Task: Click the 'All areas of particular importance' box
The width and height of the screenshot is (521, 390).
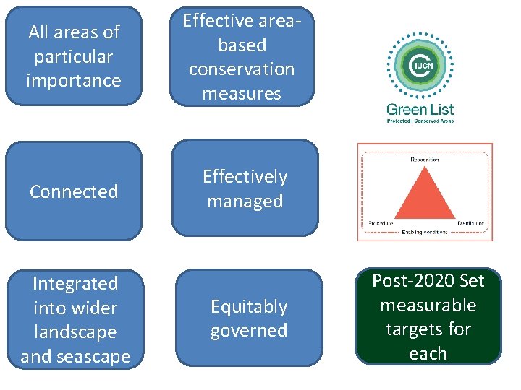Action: [x=73, y=56]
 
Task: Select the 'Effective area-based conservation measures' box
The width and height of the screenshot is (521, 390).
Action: [x=242, y=56]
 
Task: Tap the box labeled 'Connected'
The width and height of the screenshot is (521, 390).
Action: [x=73, y=191]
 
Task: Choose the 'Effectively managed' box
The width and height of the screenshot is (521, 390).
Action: [x=245, y=188]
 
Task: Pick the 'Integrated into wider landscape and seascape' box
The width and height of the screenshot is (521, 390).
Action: [x=75, y=318]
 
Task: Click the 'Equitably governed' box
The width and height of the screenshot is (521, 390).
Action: [x=249, y=318]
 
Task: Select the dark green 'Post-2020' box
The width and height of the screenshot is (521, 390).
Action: [x=428, y=316]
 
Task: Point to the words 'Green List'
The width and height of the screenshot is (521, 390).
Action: [x=420, y=110]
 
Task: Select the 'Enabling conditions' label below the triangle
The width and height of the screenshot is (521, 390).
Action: [x=425, y=232]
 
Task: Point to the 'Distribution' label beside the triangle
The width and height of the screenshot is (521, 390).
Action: [x=472, y=223]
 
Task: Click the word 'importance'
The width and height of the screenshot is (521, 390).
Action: [x=73, y=80]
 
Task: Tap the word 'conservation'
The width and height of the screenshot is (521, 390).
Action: [x=242, y=69]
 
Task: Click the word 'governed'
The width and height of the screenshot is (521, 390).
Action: [x=249, y=331]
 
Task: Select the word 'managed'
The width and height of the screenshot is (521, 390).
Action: [x=245, y=201]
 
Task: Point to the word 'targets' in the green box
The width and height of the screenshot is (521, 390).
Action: [x=428, y=329]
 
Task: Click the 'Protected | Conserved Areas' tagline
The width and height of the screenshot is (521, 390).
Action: [x=420, y=121]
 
